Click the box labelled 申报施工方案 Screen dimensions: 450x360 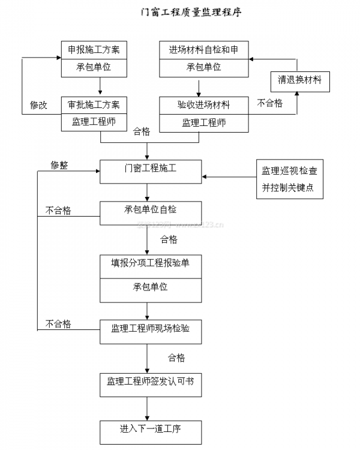[95, 50]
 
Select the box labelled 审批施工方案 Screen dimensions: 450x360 [95, 104]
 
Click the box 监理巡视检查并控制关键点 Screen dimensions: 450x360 [289, 179]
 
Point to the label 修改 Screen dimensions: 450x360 [39, 104]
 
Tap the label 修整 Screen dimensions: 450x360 [59, 165]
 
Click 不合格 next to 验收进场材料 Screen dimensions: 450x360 [270, 103]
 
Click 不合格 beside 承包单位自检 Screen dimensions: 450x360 [58, 210]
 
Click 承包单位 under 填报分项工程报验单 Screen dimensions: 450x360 [150, 287]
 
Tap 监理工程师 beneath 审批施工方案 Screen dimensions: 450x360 [95, 122]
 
